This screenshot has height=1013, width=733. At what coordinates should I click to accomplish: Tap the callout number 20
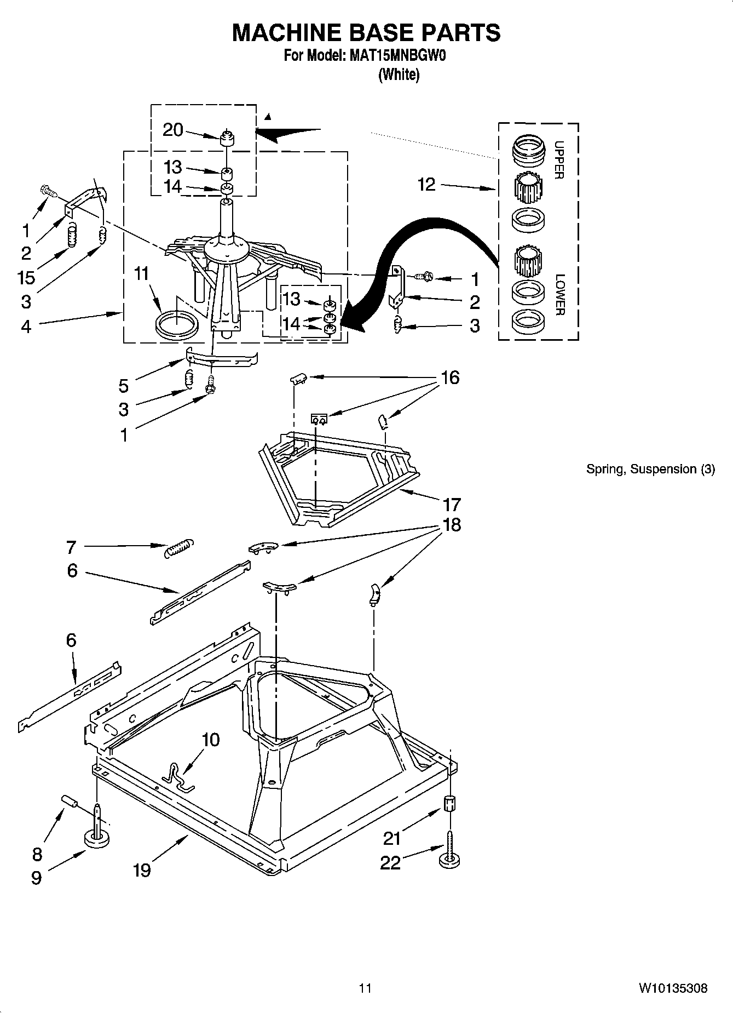[172, 130]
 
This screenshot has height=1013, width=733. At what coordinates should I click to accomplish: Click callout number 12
[426, 185]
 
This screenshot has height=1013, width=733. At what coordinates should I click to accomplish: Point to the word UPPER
[559, 160]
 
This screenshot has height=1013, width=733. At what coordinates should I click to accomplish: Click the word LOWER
[559, 294]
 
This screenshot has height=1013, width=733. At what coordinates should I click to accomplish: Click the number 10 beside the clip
[211, 740]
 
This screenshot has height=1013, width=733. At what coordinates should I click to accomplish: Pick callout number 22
[390, 863]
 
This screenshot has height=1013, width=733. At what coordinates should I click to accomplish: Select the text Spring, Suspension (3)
[650, 469]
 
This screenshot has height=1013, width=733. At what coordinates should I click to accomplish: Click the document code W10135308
[673, 988]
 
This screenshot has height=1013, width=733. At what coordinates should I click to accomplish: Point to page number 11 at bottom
[365, 988]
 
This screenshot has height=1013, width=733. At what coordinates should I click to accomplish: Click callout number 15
[26, 277]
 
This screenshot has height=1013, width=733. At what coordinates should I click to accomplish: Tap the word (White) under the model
[399, 75]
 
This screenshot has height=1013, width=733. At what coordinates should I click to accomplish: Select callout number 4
[26, 327]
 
